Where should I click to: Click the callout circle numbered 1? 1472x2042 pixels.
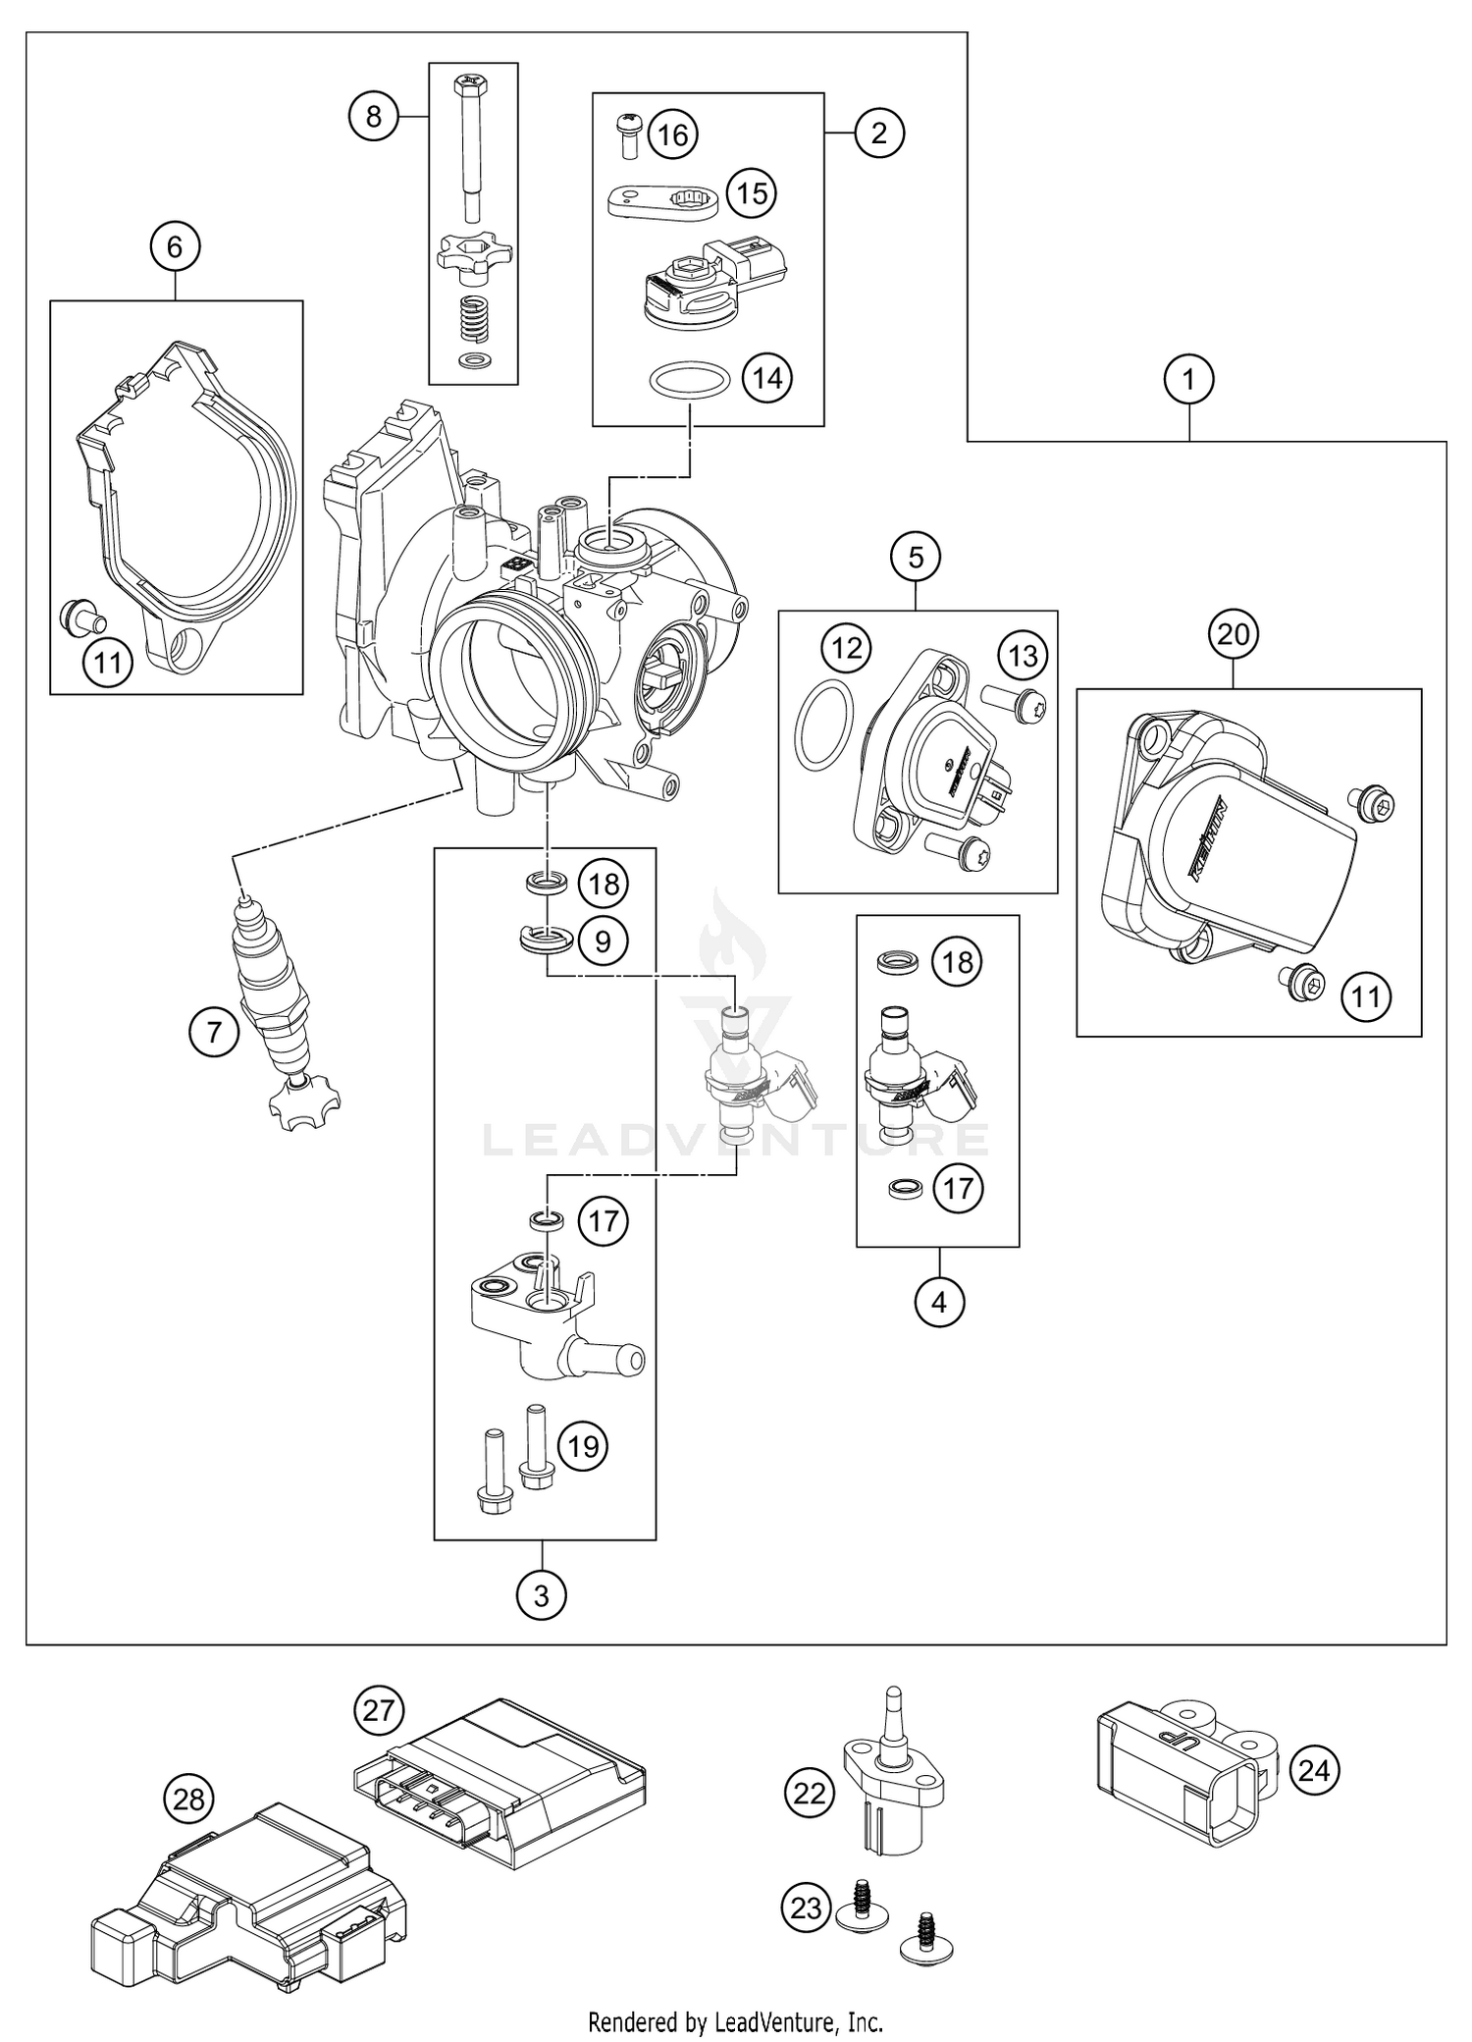(1189, 379)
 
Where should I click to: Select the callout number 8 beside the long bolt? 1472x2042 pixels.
(374, 117)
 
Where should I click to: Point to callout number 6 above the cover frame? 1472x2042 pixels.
(175, 246)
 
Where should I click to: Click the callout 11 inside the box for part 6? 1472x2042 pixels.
(108, 664)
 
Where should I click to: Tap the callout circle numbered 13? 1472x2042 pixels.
(1024, 655)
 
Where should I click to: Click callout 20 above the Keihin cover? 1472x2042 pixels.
(1234, 634)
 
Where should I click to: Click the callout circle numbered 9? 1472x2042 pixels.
(603, 941)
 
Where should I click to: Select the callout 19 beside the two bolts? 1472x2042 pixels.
(584, 1446)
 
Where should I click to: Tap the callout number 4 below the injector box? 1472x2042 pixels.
(939, 1302)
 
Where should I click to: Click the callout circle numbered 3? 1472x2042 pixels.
(542, 1595)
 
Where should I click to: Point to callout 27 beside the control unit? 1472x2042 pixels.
(379, 1711)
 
